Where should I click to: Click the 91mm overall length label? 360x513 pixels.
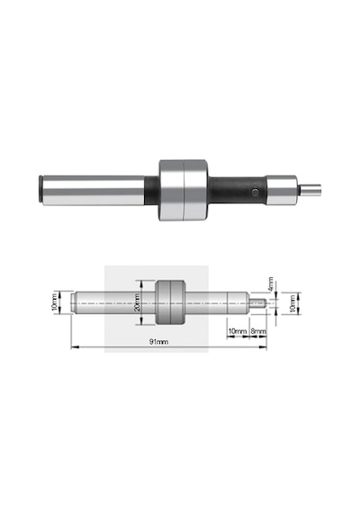point(158,342)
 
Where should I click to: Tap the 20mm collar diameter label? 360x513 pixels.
point(138,302)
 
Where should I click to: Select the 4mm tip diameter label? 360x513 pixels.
point(270,284)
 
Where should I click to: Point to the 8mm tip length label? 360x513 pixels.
point(258,331)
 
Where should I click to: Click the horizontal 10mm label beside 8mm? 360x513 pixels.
point(238,331)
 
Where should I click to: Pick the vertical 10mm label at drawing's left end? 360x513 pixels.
point(54,302)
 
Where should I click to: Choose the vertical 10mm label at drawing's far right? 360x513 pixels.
point(292,303)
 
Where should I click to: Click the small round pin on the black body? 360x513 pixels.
point(256,193)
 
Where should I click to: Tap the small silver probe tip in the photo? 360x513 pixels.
point(310,190)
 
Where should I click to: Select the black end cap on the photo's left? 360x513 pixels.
point(40,189)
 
